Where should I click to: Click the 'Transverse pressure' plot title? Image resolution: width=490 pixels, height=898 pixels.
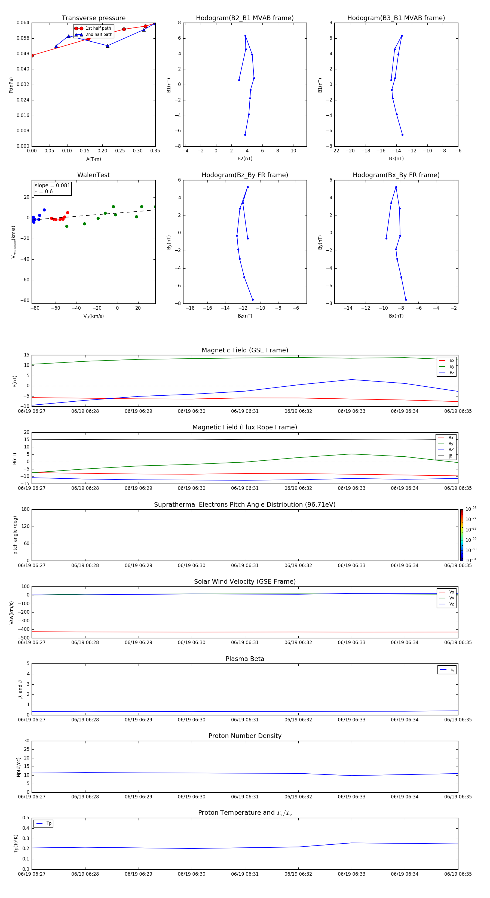tap(93, 18)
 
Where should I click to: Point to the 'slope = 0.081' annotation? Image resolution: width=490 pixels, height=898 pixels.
tap(52, 186)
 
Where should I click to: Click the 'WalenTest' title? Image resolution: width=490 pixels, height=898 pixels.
tap(93, 175)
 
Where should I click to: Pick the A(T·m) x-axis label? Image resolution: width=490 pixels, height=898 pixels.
tap(93, 159)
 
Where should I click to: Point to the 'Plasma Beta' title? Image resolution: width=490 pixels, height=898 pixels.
tap(245, 659)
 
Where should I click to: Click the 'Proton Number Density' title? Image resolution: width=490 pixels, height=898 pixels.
tap(245, 736)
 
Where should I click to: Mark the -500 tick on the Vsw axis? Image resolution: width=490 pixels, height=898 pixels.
tap(24, 638)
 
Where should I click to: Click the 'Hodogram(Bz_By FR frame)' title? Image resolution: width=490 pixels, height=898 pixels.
tap(245, 175)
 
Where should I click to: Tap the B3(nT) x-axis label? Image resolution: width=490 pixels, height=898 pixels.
tap(396, 159)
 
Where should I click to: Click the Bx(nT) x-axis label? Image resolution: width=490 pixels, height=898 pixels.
tap(396, 316)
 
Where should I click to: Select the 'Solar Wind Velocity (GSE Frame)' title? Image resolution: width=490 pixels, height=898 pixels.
tap(245, 582)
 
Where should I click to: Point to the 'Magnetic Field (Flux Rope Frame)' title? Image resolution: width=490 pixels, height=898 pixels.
tap(245, 428)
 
